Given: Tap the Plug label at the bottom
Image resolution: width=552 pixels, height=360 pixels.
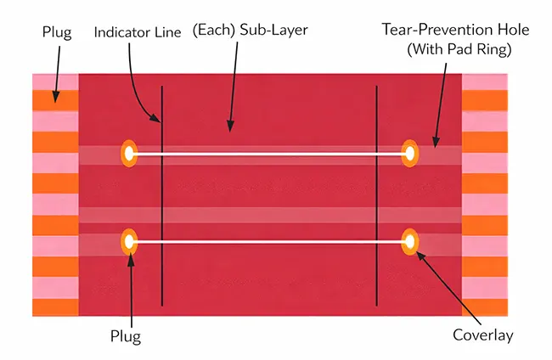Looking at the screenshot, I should point(126,335).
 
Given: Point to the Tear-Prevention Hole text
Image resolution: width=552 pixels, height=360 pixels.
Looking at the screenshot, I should point(456,30).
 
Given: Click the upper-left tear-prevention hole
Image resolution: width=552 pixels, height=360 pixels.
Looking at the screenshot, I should point(129,154).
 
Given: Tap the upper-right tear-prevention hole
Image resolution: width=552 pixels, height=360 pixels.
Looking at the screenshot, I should point(410,154).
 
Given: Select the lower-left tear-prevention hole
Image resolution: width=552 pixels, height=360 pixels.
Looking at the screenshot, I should point(129,242).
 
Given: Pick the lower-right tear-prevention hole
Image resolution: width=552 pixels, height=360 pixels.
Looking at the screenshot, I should point(410,242).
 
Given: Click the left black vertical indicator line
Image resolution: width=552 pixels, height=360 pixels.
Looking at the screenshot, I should point(161,195).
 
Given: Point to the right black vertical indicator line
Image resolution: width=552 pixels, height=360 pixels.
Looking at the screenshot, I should point(376,195).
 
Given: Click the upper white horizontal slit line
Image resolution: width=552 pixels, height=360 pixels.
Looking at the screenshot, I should point(269,154).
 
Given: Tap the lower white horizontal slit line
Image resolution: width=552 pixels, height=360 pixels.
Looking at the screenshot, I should point(269,242).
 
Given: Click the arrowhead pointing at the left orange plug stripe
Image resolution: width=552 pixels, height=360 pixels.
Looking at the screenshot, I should point(57,98).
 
